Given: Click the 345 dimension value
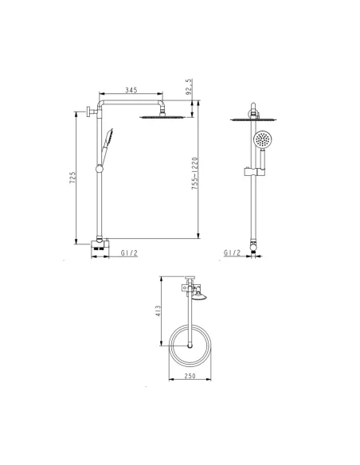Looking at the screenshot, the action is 131,90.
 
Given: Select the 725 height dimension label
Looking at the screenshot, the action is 72,178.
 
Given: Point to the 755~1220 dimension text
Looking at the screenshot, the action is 194,174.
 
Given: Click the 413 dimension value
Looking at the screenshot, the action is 158,311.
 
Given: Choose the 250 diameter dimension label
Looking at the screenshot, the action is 190,376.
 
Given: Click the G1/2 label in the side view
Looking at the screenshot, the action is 129,253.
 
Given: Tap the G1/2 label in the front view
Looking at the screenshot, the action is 233,252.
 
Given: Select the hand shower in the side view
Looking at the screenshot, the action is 106,146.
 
